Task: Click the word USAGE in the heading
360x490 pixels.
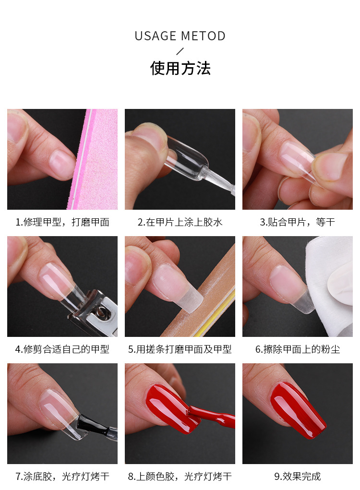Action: [156, 36]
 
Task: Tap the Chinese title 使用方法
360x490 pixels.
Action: [180, 68]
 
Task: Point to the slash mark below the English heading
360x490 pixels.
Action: [180, 51]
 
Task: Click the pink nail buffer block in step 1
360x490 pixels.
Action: [98, 158]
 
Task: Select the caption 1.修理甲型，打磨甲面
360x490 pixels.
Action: [62, 222]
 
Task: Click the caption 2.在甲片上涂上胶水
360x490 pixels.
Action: [180, 222]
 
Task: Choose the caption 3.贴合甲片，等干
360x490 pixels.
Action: [297, 222]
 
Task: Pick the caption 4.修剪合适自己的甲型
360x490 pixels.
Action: [62, 349]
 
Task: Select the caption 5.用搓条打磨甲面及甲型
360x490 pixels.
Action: [180, 349]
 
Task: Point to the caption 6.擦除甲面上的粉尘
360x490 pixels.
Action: [297, 349]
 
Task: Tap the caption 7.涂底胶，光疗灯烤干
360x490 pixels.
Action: [62, 477]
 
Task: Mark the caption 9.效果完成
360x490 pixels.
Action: [297, 477]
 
